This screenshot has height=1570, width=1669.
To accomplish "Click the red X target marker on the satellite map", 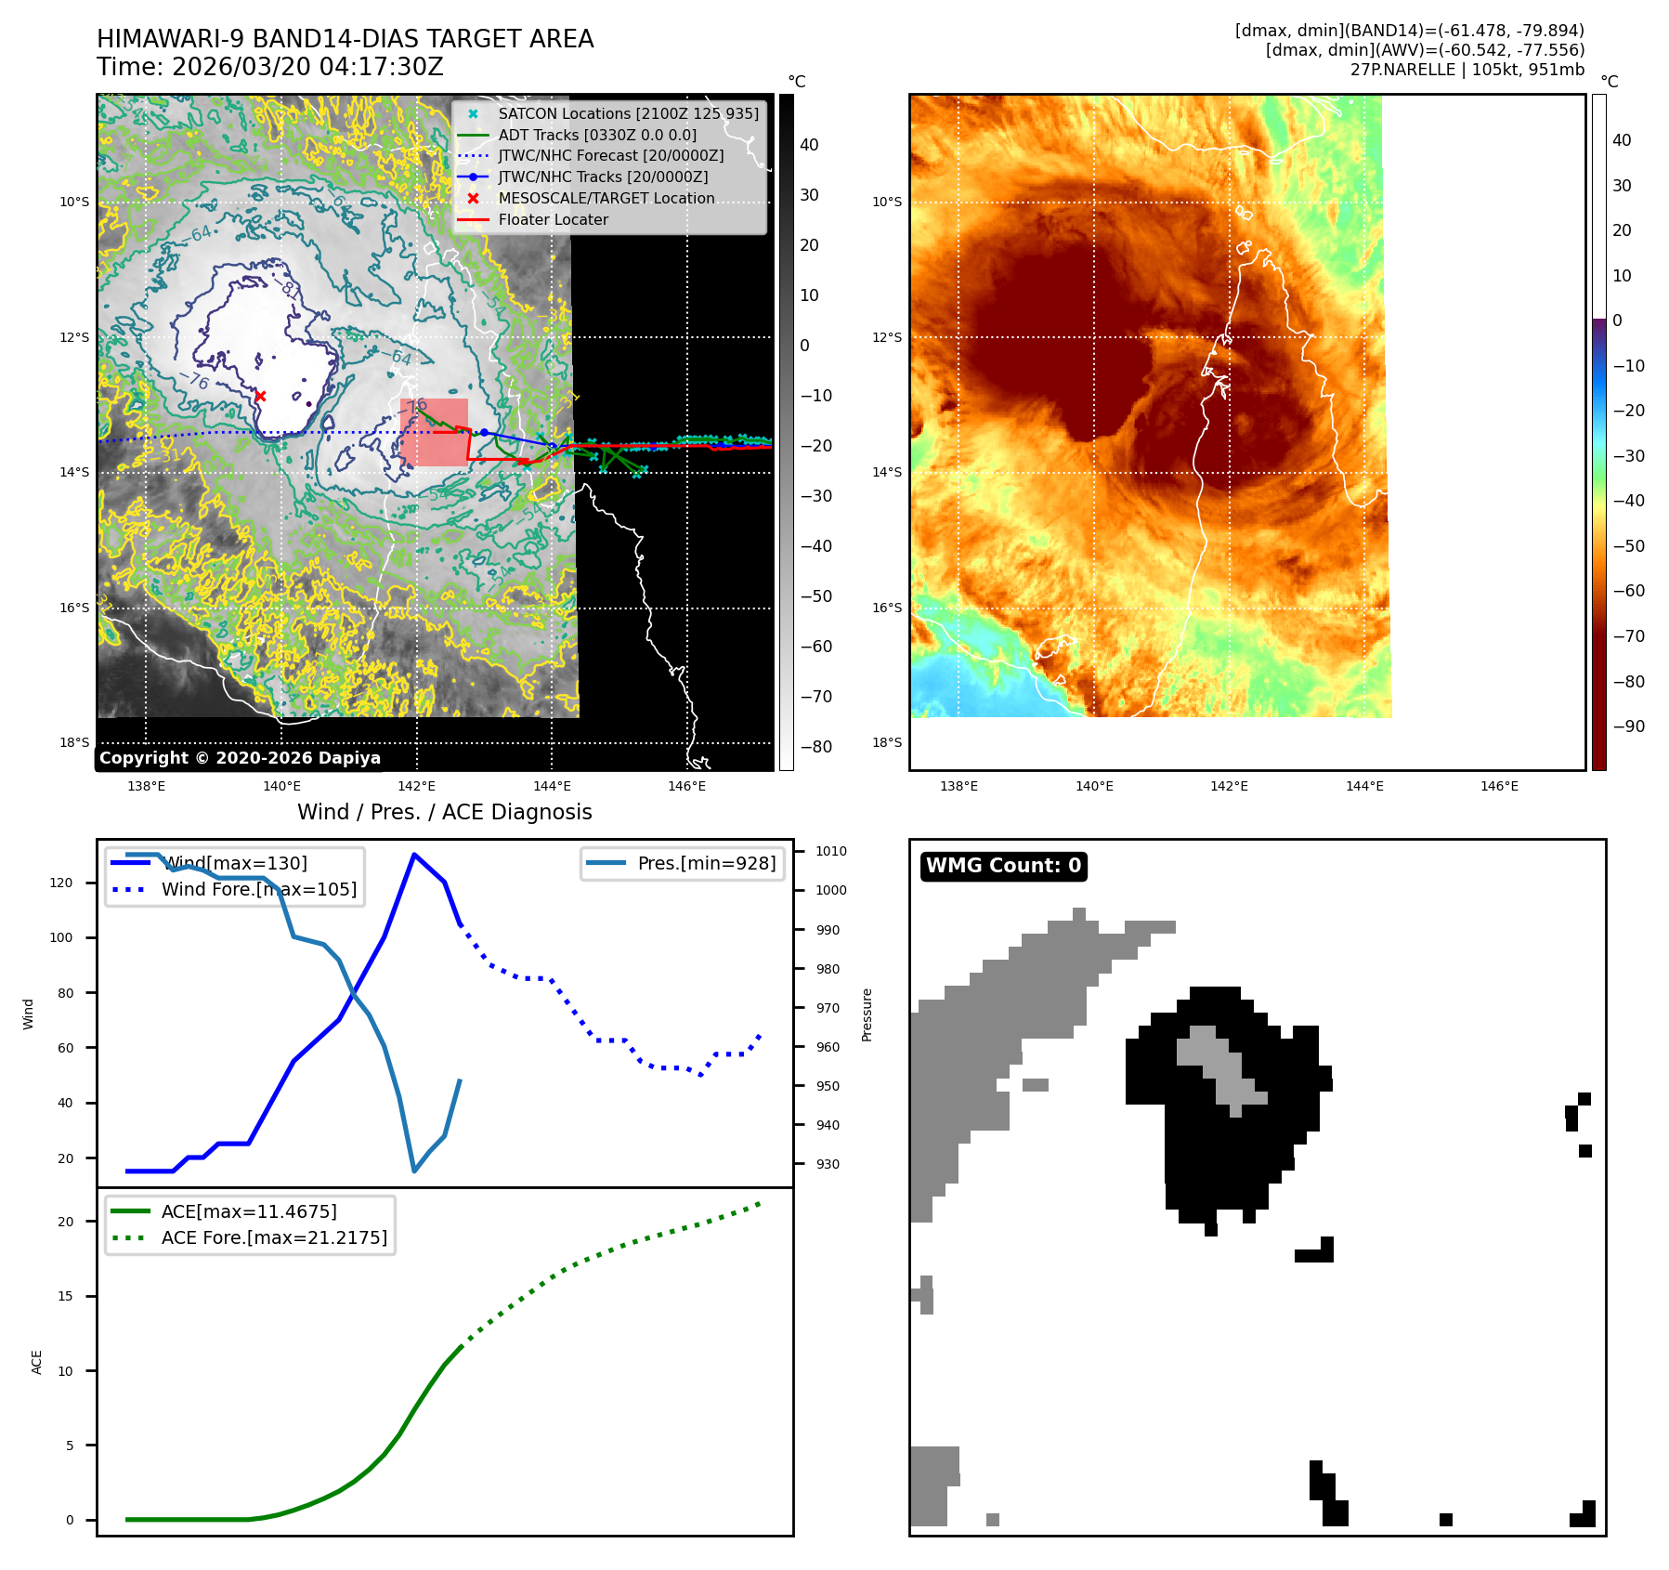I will [260, 396].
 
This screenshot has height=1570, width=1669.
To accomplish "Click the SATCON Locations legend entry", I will [628, 113].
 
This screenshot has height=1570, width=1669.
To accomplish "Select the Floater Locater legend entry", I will [553, 220].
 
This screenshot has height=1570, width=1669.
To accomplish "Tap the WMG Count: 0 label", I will [1003, 866].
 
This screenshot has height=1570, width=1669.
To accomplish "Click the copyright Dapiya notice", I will [240, 758].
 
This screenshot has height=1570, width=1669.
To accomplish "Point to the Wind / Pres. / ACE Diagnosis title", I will [444, 812].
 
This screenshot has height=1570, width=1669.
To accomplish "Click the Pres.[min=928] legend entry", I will [706, 863].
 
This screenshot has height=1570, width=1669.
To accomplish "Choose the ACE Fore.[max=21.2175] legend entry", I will [274, 1237].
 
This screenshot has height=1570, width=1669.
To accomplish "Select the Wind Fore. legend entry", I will [258, 889].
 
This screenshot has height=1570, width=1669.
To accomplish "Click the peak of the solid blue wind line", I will [413, 855].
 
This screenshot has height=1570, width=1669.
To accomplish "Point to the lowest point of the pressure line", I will [414, 1171].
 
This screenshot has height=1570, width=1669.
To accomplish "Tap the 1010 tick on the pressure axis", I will [830, 851].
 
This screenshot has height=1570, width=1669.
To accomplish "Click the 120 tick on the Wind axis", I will [61, 883].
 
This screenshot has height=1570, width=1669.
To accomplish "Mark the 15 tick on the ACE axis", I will [65, 1296].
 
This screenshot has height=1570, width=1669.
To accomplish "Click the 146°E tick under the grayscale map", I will [686, 786].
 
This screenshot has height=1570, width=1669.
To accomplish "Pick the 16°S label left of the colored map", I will [887, 608].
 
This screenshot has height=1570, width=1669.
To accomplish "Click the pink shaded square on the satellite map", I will [434, 432].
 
